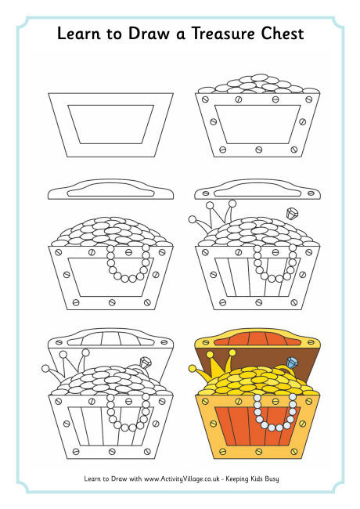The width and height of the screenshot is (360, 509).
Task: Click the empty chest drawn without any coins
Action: point(110,124)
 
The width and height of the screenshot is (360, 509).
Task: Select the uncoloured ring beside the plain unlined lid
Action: point(293,214)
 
